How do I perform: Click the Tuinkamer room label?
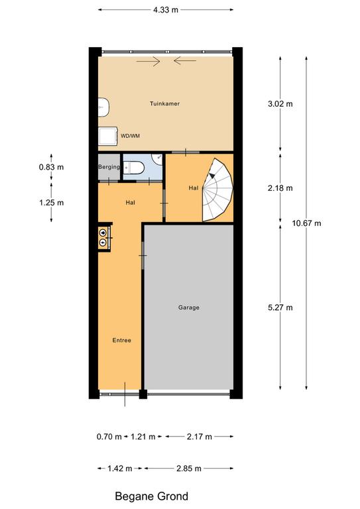[x=164, y=103]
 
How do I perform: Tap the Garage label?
[x=188, y=307]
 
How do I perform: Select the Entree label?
[x=122, y=340]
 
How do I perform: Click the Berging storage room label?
[x=109, y=167]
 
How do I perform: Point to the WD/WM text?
[x=130, y=136]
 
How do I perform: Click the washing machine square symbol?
[x=108, y=136]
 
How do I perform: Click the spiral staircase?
[x=218, y=190]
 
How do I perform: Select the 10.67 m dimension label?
[x=306, y=223]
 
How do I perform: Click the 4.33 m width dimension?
[x=166, y=10]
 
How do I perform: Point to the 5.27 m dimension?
[x=280, y=308]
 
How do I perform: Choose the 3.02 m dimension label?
[x=280, y=104]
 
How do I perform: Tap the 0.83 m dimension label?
[x=51, y=167]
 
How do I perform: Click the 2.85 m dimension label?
[x=188, y=469]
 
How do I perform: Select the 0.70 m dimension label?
[x=109, y=437]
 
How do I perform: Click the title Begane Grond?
[x=152, y=496]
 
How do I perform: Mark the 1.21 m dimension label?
[x=143, y=437]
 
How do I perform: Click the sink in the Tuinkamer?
[x=103, y=107]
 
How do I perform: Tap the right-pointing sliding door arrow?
[x=149, y=61]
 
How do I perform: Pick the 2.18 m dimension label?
[x=280, y=188]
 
